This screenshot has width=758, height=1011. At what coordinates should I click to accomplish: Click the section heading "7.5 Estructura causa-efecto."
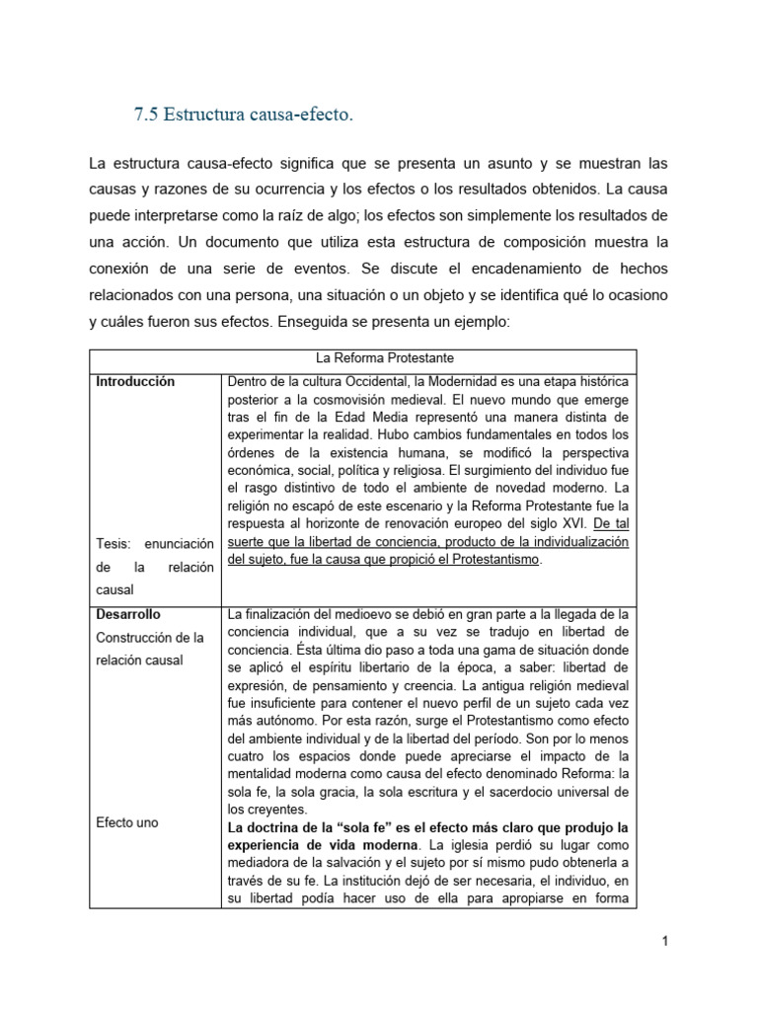[242, 117]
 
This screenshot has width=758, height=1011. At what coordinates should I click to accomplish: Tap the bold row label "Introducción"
[135, 382]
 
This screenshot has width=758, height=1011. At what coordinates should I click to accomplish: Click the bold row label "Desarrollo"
[128, 614]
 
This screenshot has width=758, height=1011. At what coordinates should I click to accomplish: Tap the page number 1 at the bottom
[665, 941]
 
